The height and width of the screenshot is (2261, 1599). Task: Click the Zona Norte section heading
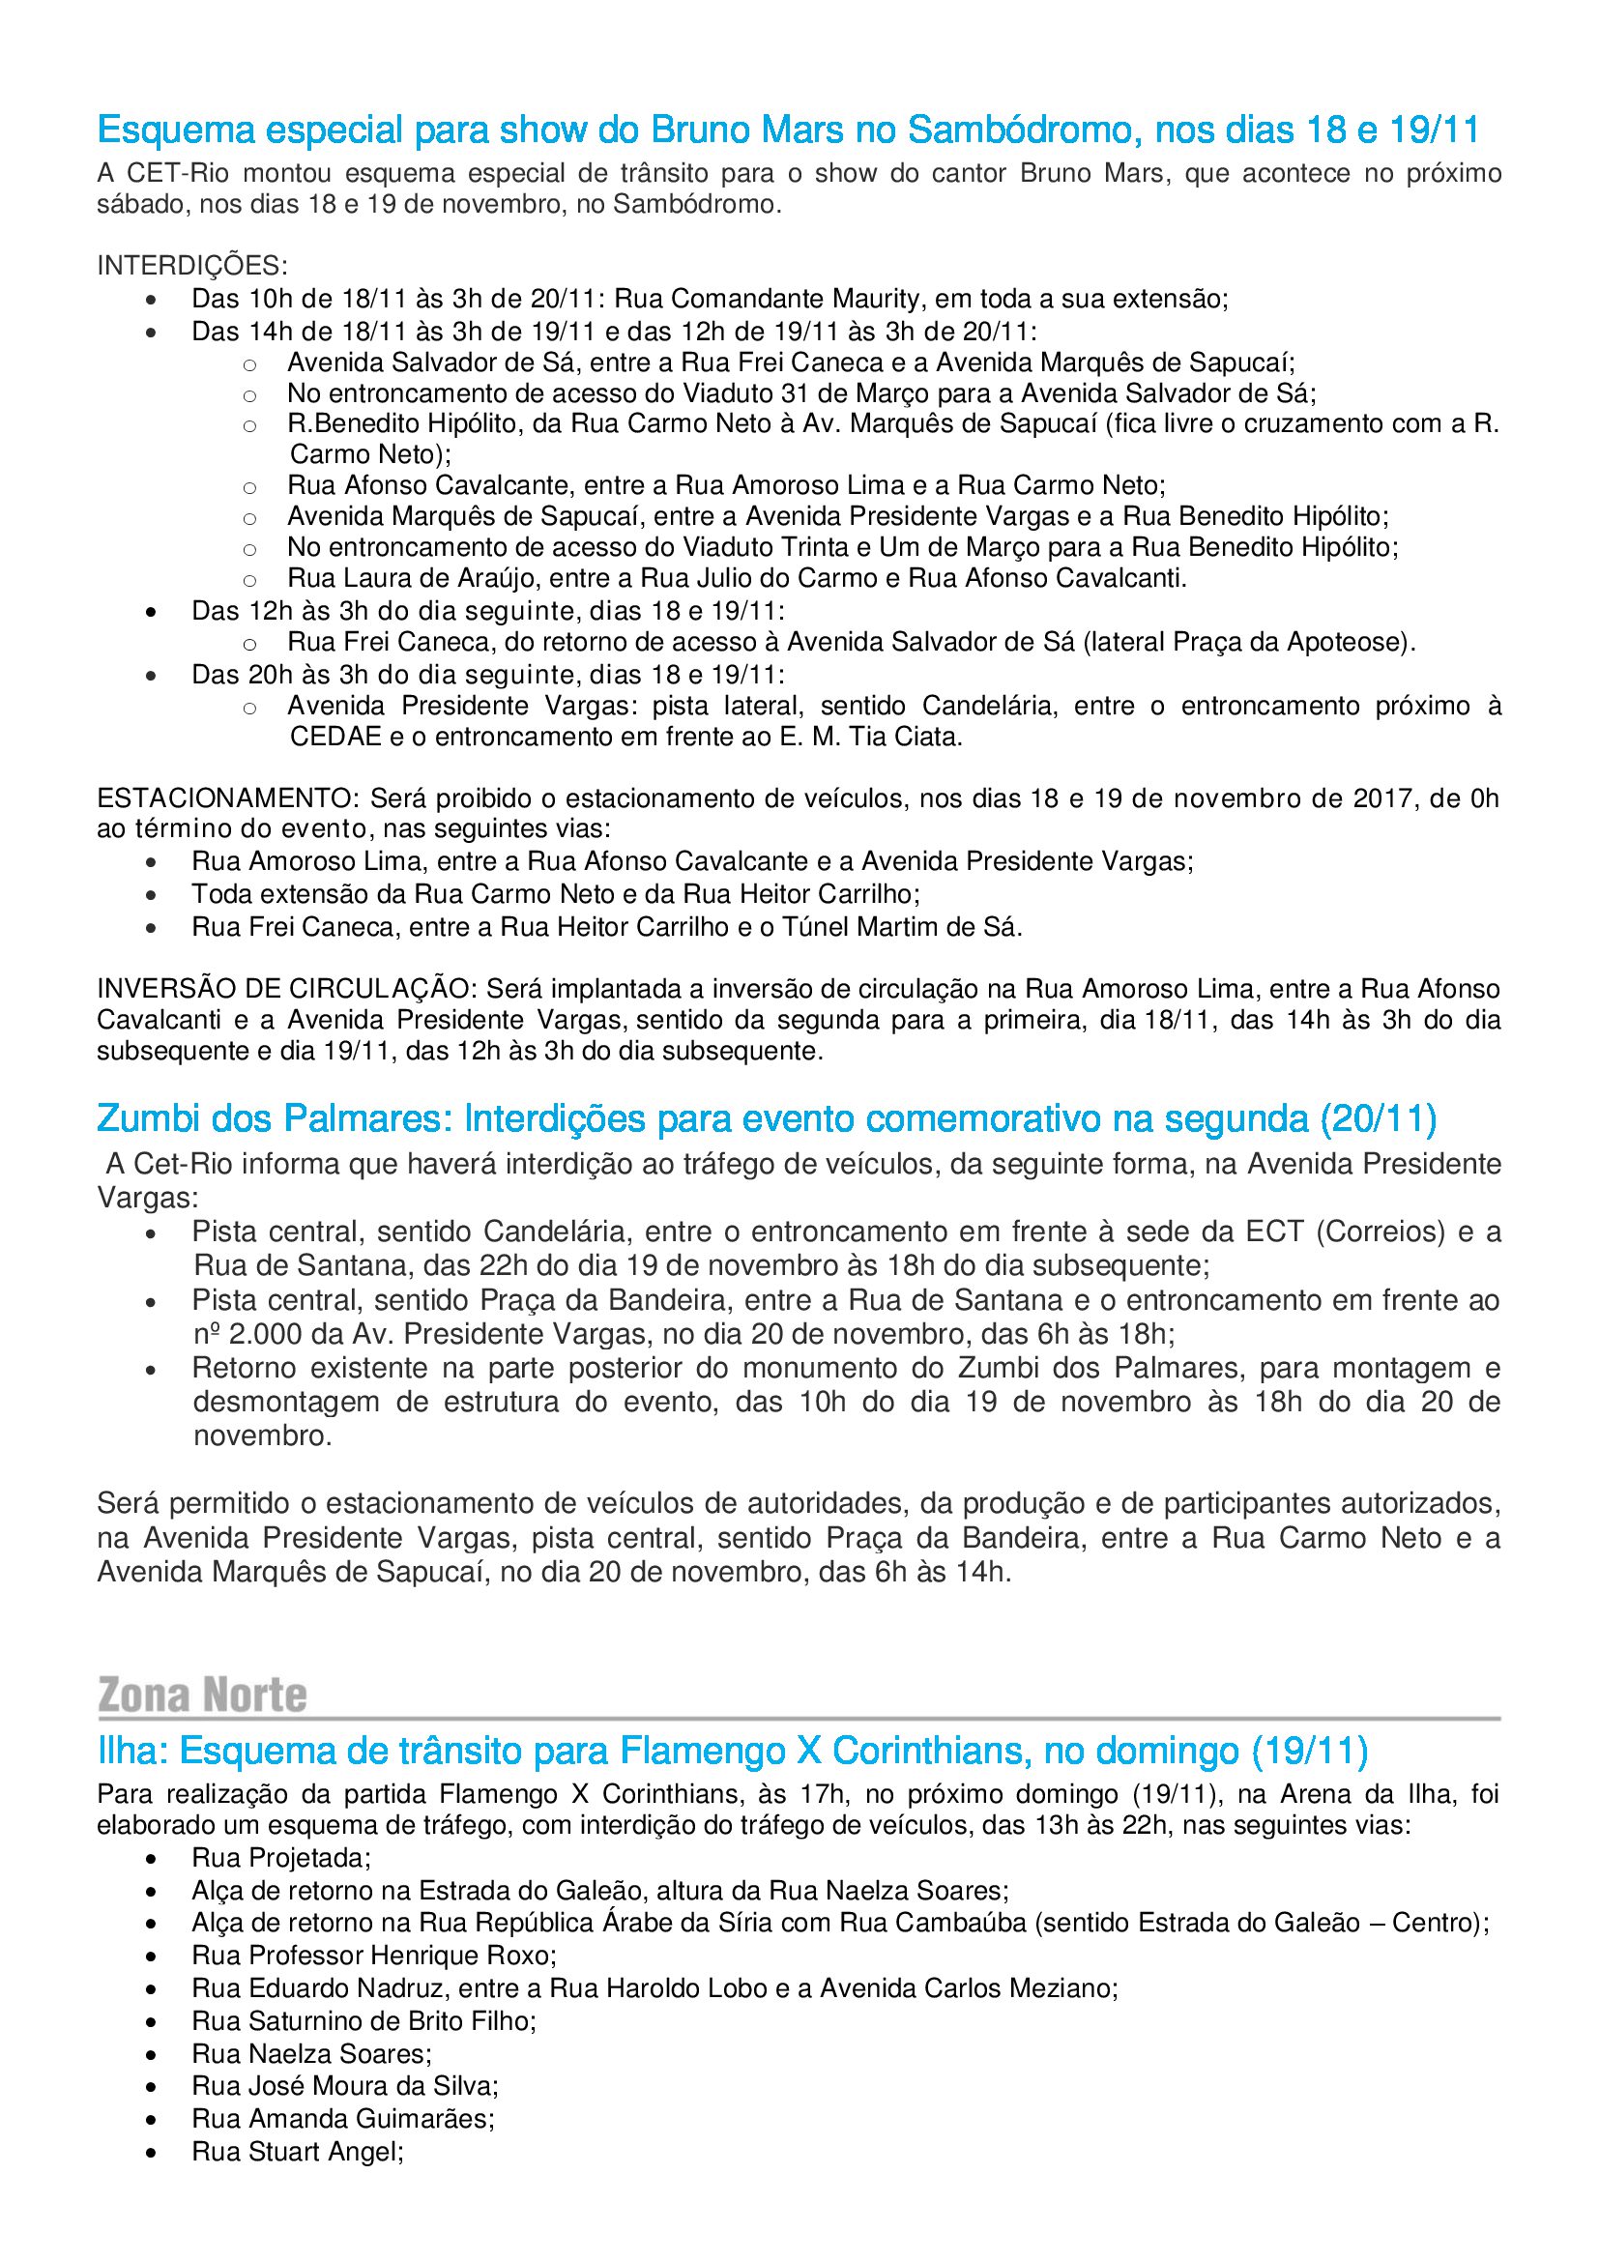[202, 1695]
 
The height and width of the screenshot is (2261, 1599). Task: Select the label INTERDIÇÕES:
[192, 266]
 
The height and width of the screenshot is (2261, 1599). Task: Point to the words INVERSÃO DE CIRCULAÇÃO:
[286, 989]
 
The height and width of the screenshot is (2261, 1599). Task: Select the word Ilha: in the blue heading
[134, 1751]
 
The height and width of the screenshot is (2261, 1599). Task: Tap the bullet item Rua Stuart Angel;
[298, 2152]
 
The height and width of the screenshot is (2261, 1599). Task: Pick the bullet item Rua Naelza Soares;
[311, 2054]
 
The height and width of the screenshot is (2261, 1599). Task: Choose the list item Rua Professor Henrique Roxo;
[374, 1956]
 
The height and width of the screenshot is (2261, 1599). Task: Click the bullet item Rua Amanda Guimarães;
[342, 2118]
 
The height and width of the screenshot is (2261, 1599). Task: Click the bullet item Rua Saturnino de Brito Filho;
[363, 2021]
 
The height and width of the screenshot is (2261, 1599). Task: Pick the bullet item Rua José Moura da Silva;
[344, 2086]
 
